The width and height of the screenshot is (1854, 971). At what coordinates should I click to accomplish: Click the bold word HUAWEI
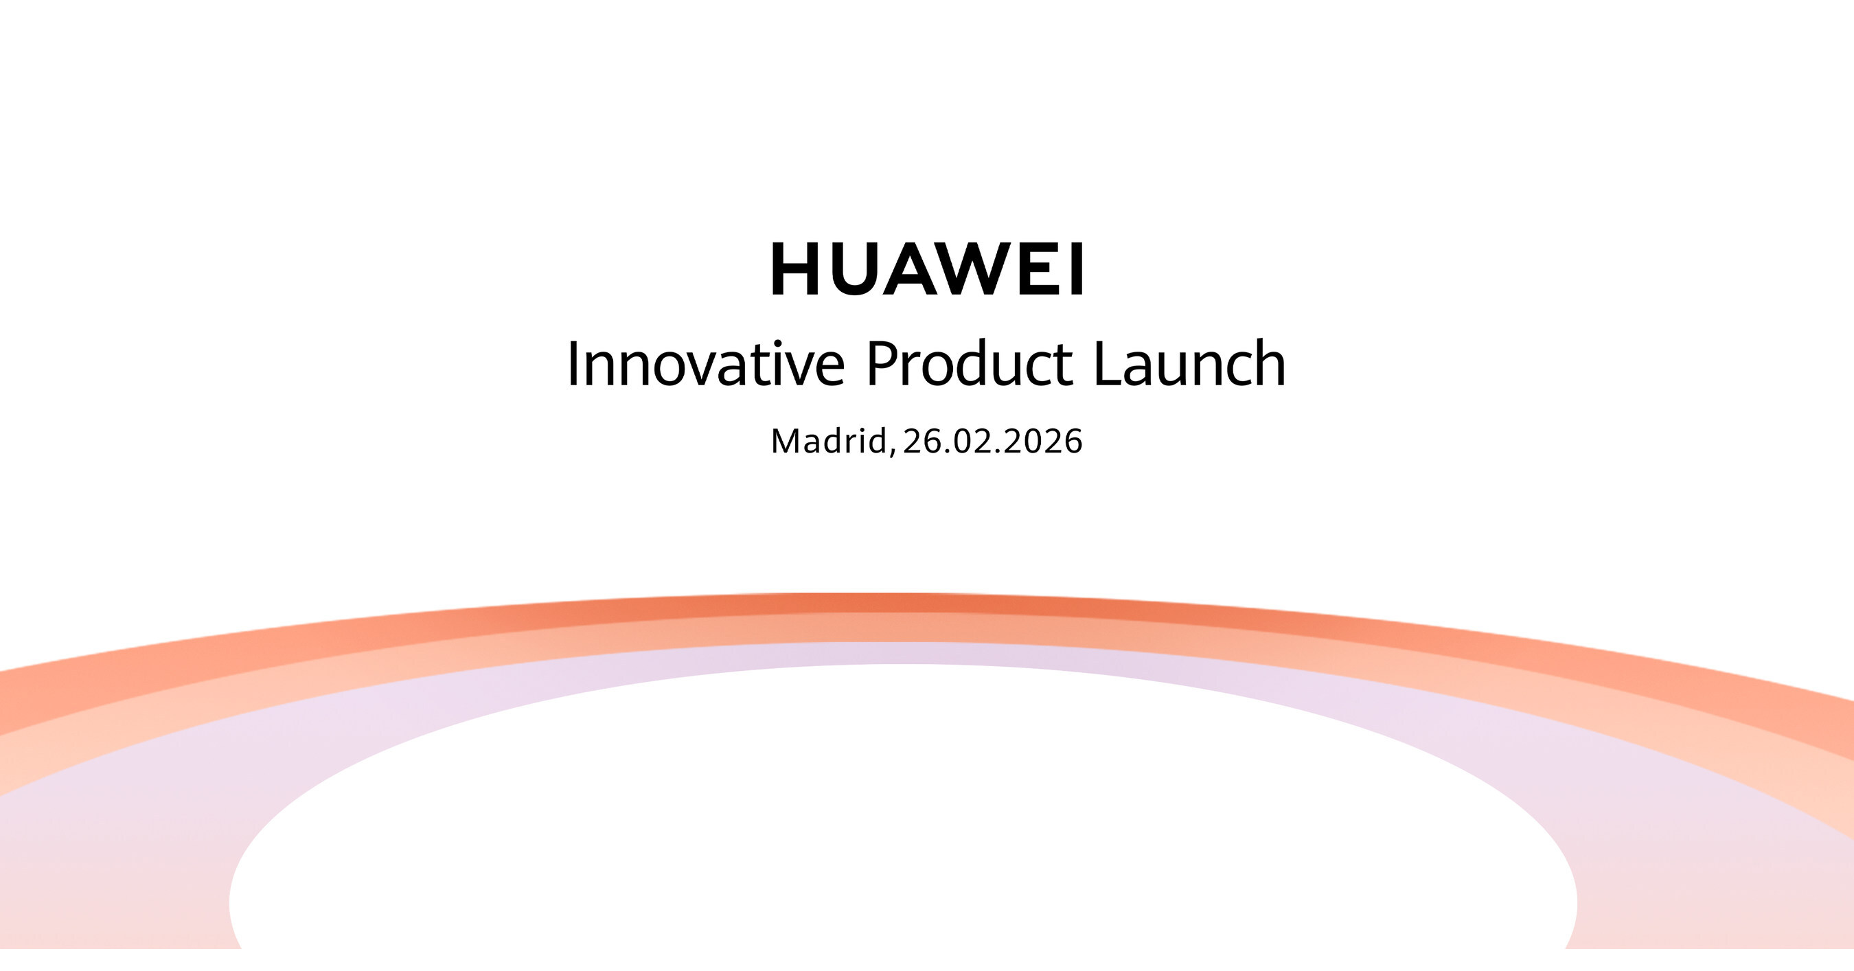pyautogui.click(x=927, y=269)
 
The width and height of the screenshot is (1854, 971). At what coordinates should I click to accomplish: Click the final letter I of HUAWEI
pyautogui.click(x=1077, y=269)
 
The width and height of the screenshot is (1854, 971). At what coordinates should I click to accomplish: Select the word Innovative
pyautogui.click(x=705, y=364)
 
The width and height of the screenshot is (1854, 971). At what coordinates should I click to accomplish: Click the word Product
pyautogui.click(x=970, y=364)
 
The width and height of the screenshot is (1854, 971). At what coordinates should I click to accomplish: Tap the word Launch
pyautogui.click(x=1189, y=364)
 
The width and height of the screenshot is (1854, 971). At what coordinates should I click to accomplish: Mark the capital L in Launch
pyautogui.click(x=1106, y=364)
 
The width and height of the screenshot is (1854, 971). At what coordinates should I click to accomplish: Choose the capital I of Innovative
pyautogui.click(x=573, y=364)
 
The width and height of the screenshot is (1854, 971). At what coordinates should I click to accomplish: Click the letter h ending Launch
pyautogui.click(x=1270, y=364)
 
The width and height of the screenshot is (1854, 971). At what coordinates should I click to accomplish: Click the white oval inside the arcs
pyautogui.click(x=903, y=827)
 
